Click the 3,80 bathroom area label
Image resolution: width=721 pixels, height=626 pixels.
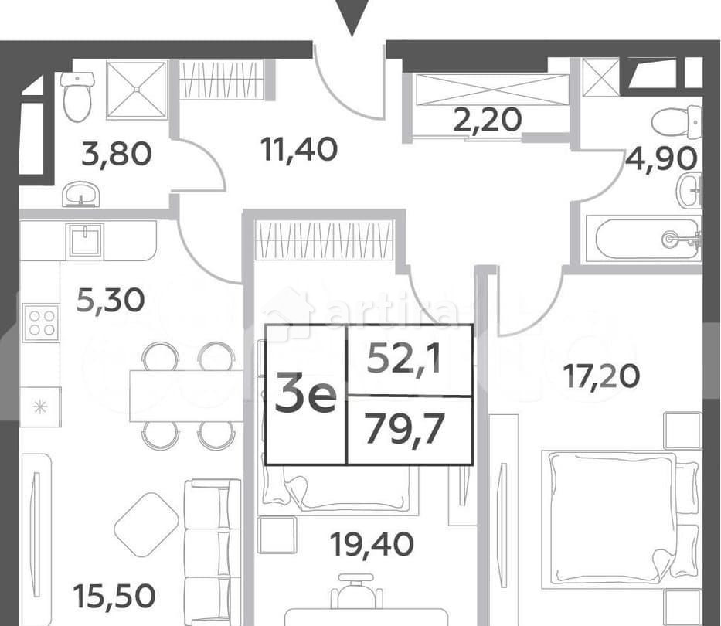pos(116,155)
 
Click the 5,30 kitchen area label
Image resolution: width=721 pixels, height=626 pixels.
pos(111,299)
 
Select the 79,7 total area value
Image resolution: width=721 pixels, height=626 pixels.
pos(406,428)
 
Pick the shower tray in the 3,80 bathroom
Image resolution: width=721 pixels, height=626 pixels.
pos(137,90)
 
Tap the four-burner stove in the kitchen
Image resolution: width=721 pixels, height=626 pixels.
pos(40,322)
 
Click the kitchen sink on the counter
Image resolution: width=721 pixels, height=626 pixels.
pos(84,240)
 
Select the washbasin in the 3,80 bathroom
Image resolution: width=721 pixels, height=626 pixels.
pos(80,193)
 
